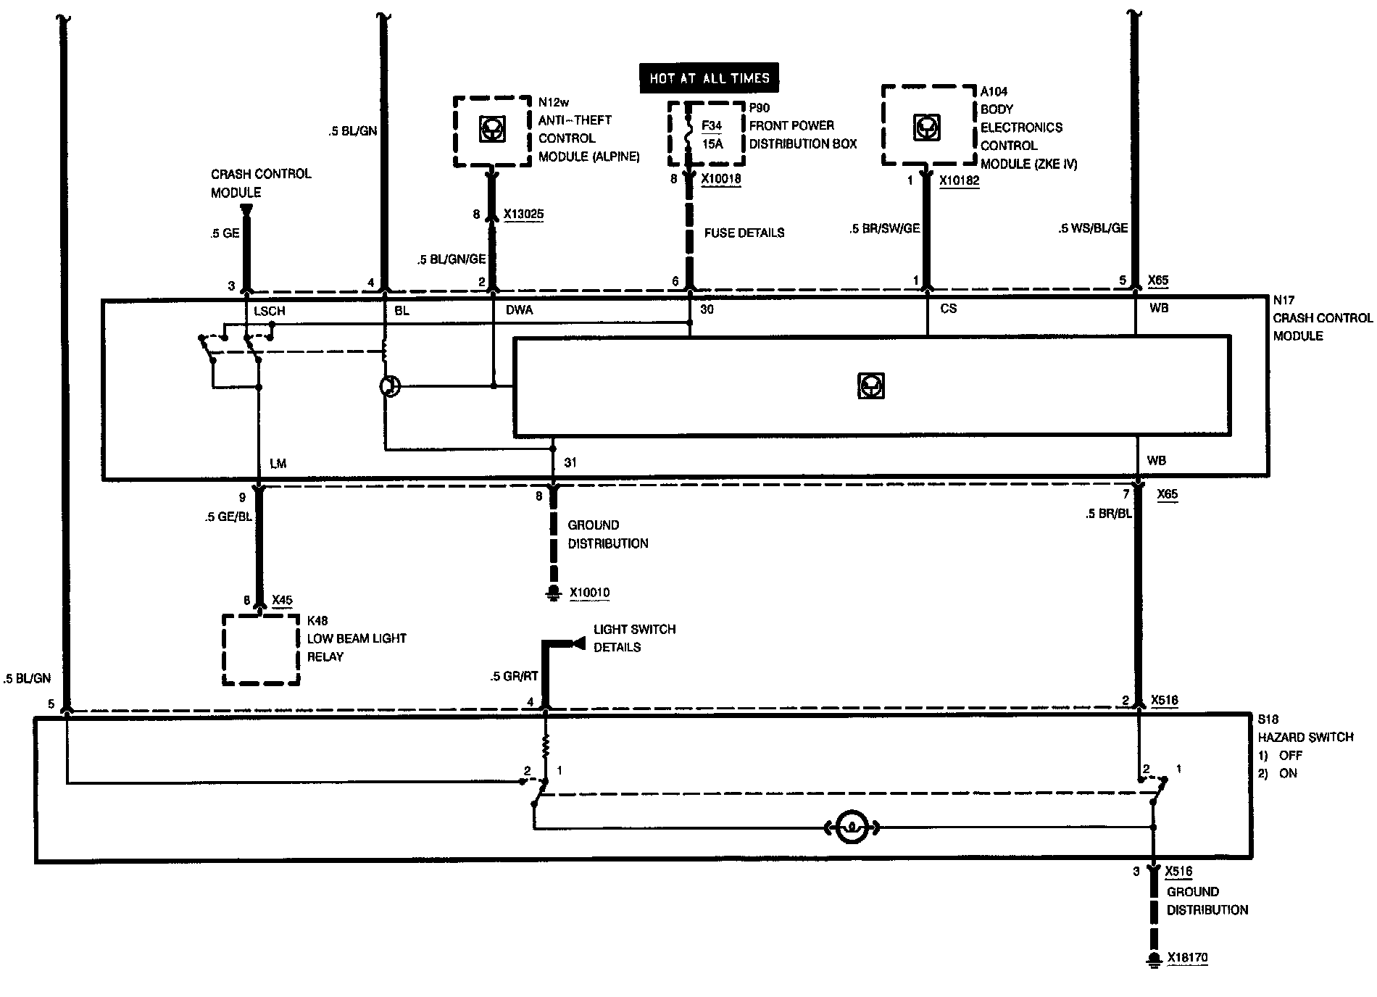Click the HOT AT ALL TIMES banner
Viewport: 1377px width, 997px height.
tap(709, 78)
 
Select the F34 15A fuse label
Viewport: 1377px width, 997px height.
tap(712, 135)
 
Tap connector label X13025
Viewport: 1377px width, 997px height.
tap(523, 214)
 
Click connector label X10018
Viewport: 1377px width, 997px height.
tap(721, 179)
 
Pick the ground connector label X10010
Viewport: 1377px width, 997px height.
tap(589, 593)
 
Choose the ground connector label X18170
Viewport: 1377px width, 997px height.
tap(1187, 958)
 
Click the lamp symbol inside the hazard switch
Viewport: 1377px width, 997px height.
tap(852, 827)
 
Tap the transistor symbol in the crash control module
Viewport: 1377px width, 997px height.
tap(390, 386)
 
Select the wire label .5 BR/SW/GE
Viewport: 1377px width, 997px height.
tap(884, 228)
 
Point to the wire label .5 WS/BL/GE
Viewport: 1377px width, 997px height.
tap(1093, 228)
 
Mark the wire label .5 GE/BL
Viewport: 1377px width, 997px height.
tap(228, 517)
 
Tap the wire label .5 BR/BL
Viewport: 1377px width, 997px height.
tap(1108, 514)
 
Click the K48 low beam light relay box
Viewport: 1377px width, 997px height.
tap(261, 650)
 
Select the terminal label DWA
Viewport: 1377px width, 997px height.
tap(519, 310)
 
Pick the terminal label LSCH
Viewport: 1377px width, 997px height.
tap(269, 311)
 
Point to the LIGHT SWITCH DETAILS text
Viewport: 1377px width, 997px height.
tap(634, 638)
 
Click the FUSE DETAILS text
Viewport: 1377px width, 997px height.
tap(744, 233)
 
